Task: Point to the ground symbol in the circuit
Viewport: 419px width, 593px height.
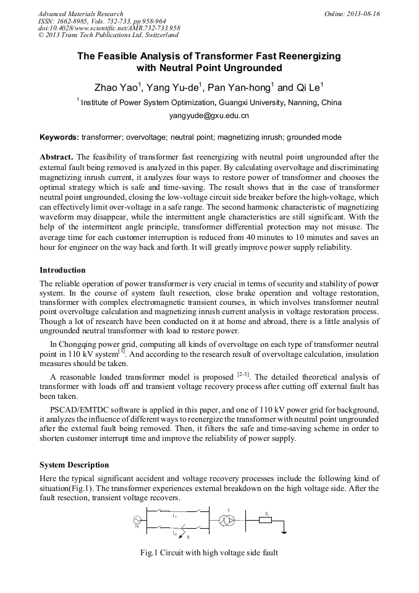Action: [283, 531]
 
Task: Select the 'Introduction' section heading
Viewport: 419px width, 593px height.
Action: [62, 270]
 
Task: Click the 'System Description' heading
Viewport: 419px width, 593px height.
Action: [74, 465]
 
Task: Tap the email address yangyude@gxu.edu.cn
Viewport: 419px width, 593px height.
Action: [209, 116]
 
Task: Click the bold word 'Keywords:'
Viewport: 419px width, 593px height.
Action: [59, 137]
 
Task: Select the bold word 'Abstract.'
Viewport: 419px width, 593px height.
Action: [57, 157]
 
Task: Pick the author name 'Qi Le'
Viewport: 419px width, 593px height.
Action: [307, 87]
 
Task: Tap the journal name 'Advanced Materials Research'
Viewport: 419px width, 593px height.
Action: [80, 14]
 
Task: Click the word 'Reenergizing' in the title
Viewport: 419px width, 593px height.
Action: [307, 56]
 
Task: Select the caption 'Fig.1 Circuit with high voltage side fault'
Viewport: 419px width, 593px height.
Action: [209, 553]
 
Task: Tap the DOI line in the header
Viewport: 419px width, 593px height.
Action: [109, 28]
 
